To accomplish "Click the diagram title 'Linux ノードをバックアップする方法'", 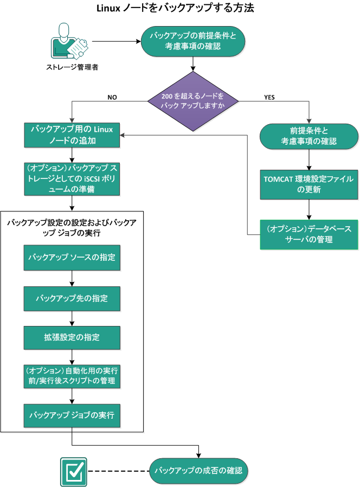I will [175, 8].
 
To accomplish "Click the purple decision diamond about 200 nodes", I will [193, 101].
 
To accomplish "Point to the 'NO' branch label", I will [112, 98].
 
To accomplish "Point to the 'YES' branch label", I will [269, 98].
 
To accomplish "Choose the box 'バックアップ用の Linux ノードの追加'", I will [72, 135].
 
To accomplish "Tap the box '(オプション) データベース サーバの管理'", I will [309, 234].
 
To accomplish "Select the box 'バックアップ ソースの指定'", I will [72, 258].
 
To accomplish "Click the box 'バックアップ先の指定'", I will [72, 298].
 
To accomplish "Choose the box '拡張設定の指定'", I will [72, 337].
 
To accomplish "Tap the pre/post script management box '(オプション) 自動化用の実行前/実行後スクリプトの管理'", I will [72, 376].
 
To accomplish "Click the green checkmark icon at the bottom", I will [73, 470].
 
